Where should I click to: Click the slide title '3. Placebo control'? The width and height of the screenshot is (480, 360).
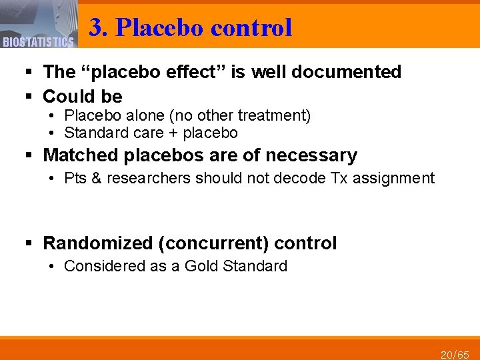click(191, 27)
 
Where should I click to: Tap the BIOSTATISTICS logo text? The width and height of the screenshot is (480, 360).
click(38, 43)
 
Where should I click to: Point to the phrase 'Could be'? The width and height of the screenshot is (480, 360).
click(83, 97)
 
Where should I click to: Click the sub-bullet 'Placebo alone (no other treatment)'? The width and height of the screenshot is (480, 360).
click(187, 116)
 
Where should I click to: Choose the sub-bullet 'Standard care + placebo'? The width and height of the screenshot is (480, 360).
click(151, 132)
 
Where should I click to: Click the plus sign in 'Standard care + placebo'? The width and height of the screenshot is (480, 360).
click(170, 132)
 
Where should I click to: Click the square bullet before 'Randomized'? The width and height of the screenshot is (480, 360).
click(31, 243)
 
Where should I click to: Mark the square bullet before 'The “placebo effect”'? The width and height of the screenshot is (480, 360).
click(31, 72)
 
